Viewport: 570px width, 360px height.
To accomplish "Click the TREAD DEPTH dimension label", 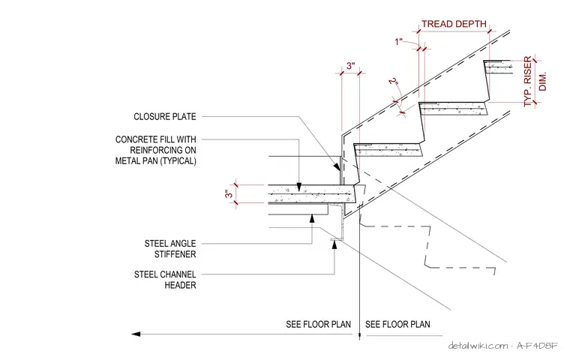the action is click(x=454, y=24).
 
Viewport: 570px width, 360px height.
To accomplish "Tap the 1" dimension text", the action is click(x=399, y=42).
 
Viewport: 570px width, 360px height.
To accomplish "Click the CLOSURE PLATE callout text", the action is click(x=165, y=117).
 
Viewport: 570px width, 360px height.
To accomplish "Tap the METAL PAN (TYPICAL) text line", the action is click(x=155, y=160).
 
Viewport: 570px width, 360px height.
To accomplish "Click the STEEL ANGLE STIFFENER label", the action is click(x=170, y=249).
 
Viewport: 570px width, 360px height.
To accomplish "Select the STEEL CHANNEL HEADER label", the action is click(x=165, y=280).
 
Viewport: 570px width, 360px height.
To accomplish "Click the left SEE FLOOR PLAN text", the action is click(x=319, y=324).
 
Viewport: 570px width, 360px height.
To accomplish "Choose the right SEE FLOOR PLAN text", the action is click(x=397, y=324).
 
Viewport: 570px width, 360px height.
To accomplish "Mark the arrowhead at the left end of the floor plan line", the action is click(x=136, y=334).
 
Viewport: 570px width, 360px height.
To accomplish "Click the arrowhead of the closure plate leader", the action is click(x=337, y=166).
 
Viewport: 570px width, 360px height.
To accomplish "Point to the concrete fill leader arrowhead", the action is click(x=298, y=187).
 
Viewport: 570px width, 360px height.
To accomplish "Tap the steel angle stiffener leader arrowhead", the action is click(x=312, y=217).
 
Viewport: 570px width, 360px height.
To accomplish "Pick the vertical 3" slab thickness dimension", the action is click(x=229, y=193).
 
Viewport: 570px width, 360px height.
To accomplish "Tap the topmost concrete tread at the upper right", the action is click(x=497, y=67).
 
